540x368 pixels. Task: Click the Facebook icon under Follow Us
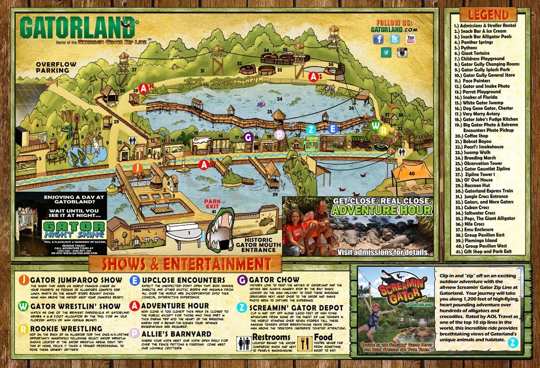tap(378, 39)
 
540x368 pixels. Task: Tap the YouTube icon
tap(411, 39)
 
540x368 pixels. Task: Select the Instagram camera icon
tap(402, 52)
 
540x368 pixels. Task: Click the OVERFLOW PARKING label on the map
tap(57, 67)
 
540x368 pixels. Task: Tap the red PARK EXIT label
tap(212, 204)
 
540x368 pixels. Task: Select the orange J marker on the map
tap(137, 168)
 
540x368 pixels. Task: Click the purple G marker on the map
tap(248, 137)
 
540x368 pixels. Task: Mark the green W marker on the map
tap(375, 125)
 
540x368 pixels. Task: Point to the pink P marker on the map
tap(279, 134)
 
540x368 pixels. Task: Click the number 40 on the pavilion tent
tap(412, 174)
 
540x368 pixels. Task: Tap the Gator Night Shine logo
tap(74, 229)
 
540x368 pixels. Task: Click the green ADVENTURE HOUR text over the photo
tap(382, 211)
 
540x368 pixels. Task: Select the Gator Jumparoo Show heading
tap(76, 281)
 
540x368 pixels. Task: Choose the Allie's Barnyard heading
tap(176, 334)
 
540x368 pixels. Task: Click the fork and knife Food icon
tap(305, 343)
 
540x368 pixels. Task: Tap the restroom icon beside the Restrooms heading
tap(244, 343)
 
